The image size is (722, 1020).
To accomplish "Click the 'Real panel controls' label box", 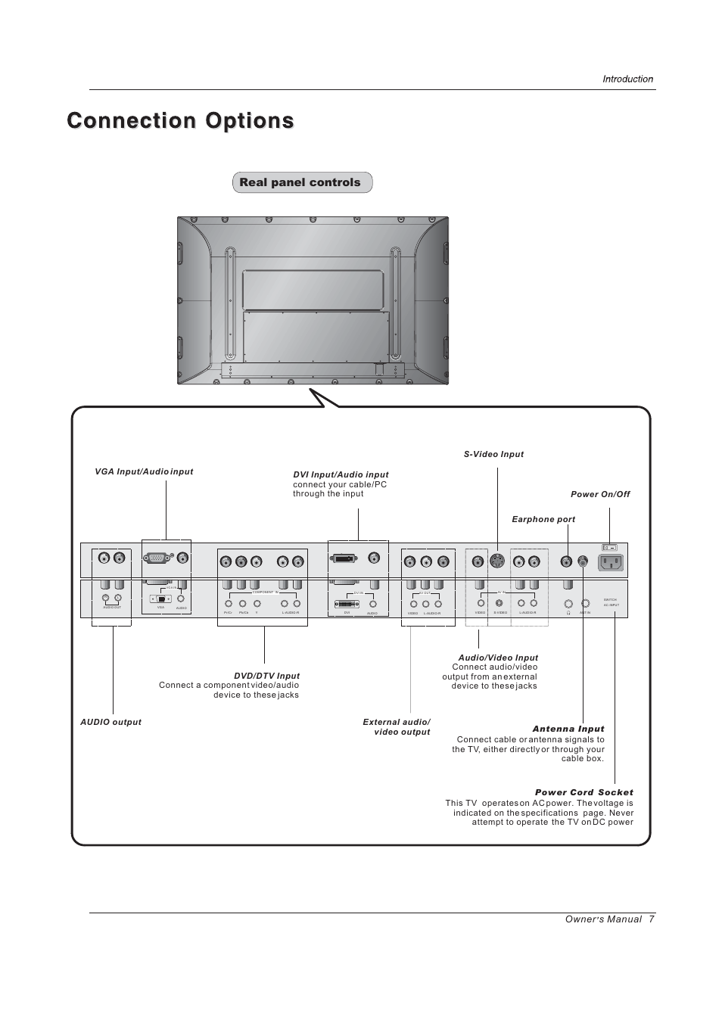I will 302,182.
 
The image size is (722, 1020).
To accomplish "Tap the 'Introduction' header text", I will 627,79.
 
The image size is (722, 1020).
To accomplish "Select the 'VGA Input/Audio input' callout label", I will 144,471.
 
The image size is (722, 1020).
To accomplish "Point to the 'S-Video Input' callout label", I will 493,454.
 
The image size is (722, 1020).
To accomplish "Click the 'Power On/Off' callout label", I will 600,494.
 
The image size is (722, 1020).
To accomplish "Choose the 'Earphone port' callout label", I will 543,519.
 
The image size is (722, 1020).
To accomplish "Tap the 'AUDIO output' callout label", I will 110,722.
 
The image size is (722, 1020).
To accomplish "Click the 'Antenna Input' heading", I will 568,729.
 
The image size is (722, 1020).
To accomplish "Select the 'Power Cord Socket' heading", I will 584,792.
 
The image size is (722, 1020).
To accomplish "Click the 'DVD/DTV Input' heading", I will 266,676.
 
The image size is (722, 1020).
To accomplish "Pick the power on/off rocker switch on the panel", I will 609,547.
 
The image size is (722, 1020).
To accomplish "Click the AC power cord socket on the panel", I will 611,562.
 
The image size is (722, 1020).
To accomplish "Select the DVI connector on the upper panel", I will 343,559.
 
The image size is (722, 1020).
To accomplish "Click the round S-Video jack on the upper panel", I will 496,561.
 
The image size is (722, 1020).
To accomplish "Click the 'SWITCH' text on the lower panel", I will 611,599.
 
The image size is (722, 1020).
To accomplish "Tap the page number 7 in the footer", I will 651,919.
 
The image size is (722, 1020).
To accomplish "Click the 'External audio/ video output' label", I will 397,727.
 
